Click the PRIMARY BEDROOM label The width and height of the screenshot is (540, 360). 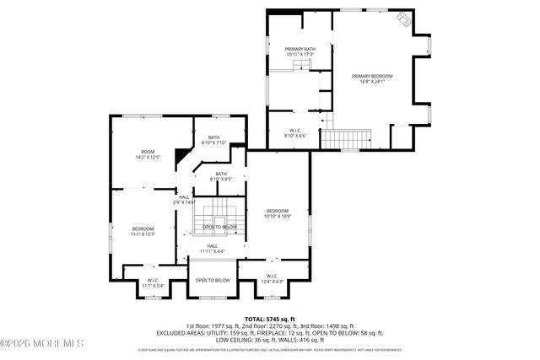tap(372, 78)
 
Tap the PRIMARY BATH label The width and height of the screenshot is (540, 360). tap(299, 51)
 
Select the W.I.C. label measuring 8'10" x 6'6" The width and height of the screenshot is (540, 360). tap(294, 132)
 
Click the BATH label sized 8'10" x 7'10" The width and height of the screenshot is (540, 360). tap(214, 139)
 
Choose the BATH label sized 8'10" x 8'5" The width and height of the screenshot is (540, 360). tap(220, 176)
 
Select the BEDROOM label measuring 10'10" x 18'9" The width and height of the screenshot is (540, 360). tap(278, 213)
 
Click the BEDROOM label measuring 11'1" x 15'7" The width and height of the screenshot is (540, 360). tap(143, 232)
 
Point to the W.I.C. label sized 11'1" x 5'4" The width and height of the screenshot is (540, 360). tap(153, 282)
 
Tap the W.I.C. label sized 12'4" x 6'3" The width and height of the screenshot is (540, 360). tap(272, 278)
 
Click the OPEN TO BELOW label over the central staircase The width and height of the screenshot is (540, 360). tap(219, 227)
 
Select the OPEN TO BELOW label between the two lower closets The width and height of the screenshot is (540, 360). tap(213, 280)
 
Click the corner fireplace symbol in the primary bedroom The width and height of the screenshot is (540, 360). tap(404, 22)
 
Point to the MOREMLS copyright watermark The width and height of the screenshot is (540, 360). tap(42, 342)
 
